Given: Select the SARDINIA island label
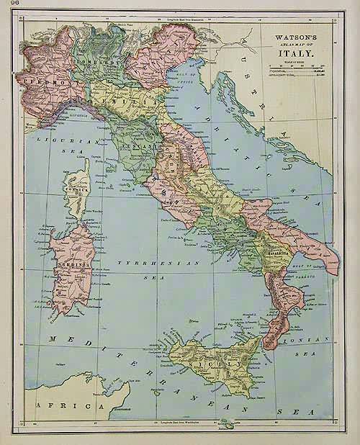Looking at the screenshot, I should click(x=66, y=262).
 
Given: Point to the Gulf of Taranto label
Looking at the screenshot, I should click(x=302, y=267).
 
